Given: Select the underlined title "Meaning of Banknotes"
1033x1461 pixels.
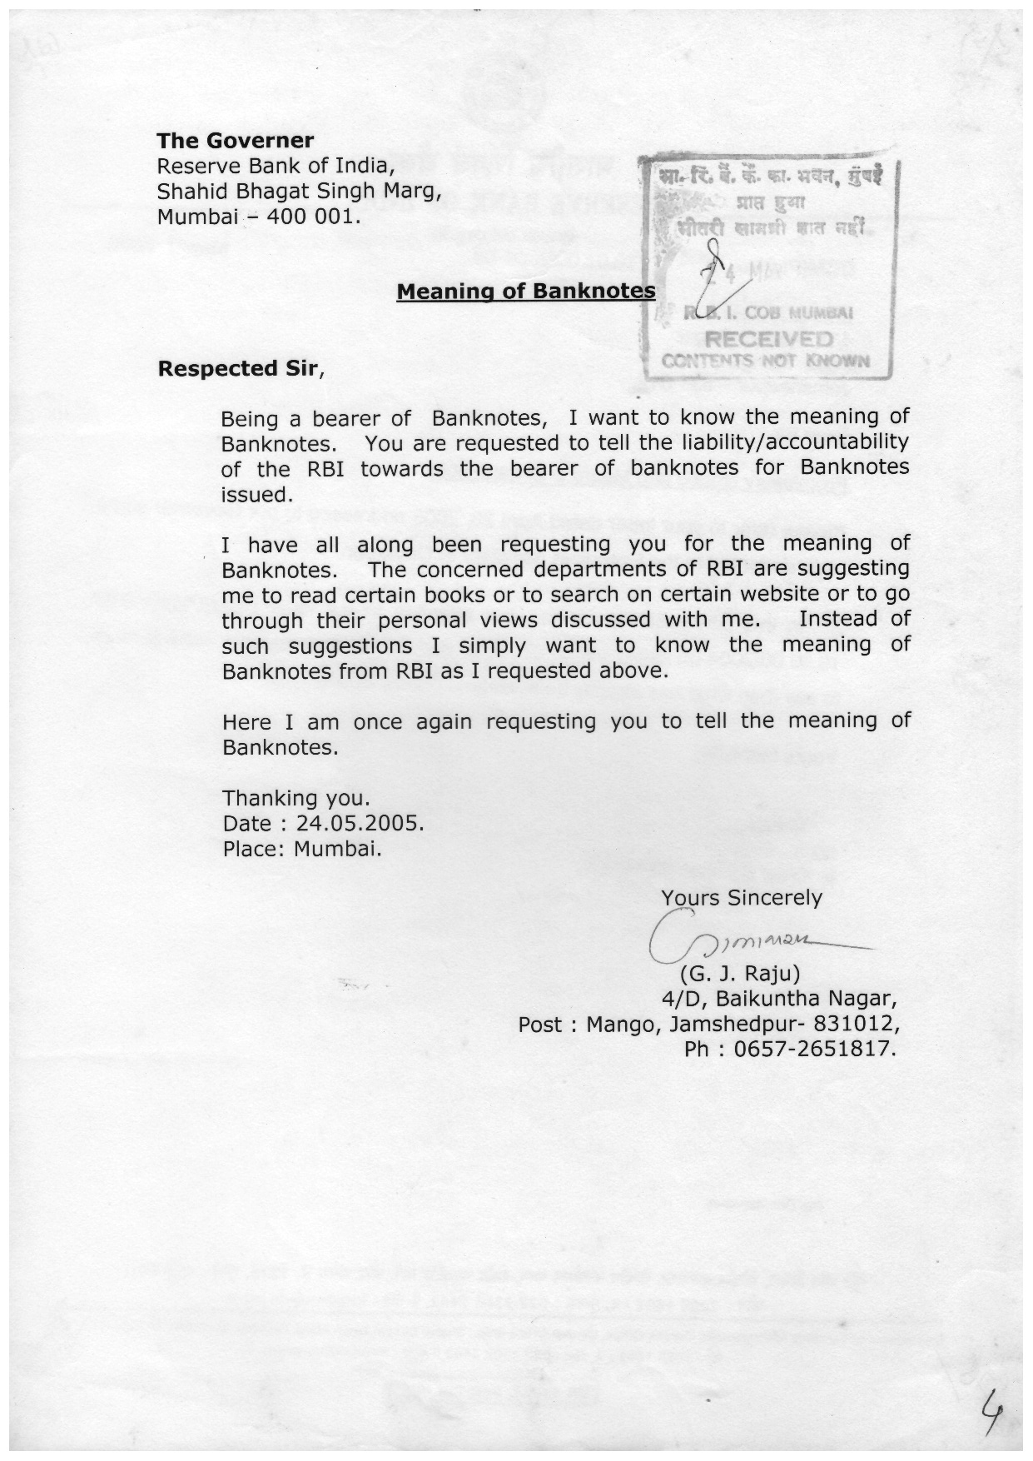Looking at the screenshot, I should [x=525, y=292].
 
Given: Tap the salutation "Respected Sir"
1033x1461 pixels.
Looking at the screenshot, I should [x=238, y=368].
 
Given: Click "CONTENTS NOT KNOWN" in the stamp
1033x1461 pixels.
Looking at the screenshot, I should [x=766, y=361].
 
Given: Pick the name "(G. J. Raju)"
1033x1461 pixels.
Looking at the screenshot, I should [x=740, y=973].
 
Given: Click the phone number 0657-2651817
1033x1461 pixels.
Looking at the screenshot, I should [x=813, y=1049].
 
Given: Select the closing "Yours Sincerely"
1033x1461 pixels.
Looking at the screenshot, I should [x=741, y=897].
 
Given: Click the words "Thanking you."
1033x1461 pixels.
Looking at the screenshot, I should [x=295, y=798].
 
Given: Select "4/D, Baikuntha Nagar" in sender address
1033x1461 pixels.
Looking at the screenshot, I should [x=778, y=998].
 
